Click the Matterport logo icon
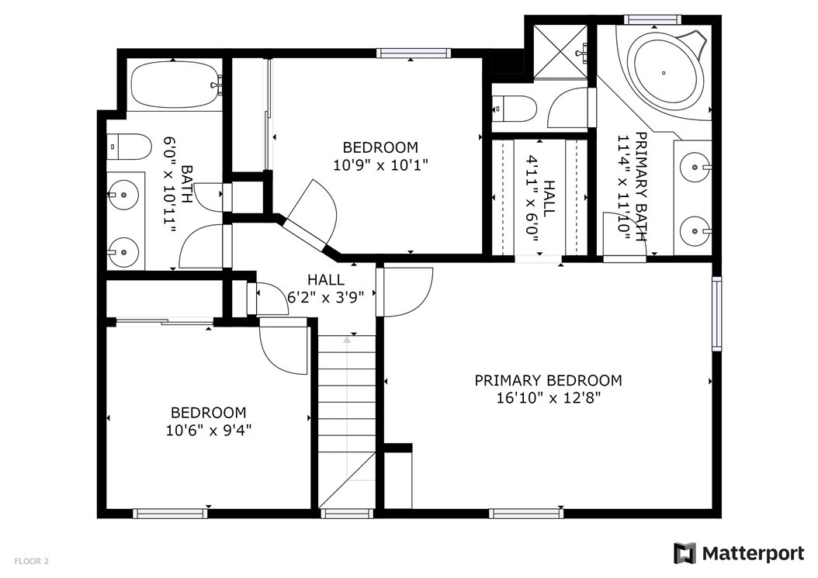click(x=685, y=553)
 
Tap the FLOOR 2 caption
click(x=32, y=561)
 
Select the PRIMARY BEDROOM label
click(x=548, y=380)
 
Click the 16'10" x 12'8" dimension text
click(x=548, y=398)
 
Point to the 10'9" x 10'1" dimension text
click(x=380, y=165)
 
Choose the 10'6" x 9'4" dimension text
click(x=209, y=431)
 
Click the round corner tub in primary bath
click(x=664, y=72)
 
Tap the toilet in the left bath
click(x=129, y=147)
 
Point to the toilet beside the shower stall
click(x=515, y=109)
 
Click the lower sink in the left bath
click(x=123, y=252)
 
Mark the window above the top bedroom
click(x=413, y=53)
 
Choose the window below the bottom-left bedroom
click(x=170, y=514)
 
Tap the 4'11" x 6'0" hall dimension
click(x=532, y=199)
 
